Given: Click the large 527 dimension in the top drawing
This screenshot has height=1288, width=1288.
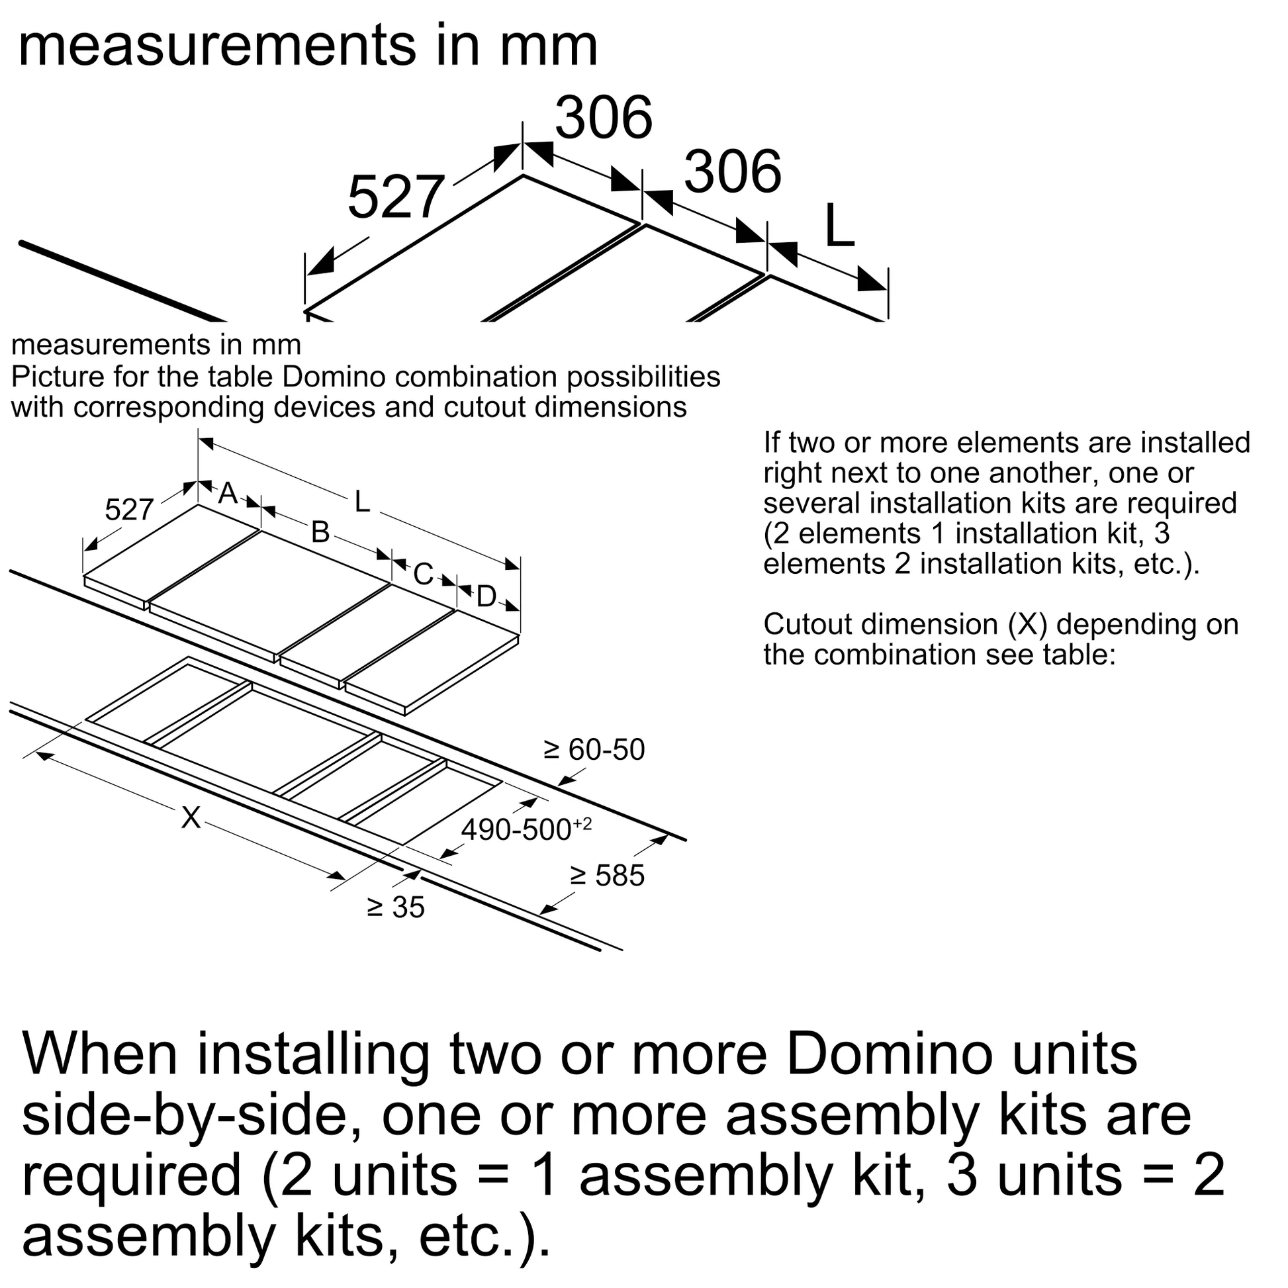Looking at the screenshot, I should [396, 197].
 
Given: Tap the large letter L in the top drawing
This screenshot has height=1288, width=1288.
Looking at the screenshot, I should [839, 226].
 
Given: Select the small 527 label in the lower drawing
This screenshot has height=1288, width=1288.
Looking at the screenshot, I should [129, 511].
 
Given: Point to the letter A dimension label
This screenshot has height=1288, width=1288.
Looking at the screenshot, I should [228, 494].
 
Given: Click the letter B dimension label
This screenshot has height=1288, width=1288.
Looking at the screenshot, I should [320, 533].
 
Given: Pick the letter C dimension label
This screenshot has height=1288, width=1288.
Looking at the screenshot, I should [424, 575].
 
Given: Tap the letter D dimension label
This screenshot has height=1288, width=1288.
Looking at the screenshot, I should [486, 597].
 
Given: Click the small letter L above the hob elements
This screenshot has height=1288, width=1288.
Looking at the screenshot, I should [362, 502].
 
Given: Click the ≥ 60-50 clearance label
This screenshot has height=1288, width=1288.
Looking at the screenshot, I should [594, 750].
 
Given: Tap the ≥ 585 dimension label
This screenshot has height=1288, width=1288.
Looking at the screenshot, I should [607, 876].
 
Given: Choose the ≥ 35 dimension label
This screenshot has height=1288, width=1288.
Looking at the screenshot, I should [395, 907].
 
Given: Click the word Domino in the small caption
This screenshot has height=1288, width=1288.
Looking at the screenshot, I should [334, 377].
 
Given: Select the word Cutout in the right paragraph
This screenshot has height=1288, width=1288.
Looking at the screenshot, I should [807, 625].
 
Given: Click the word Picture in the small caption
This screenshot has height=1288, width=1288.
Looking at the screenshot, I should [58, 377].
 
